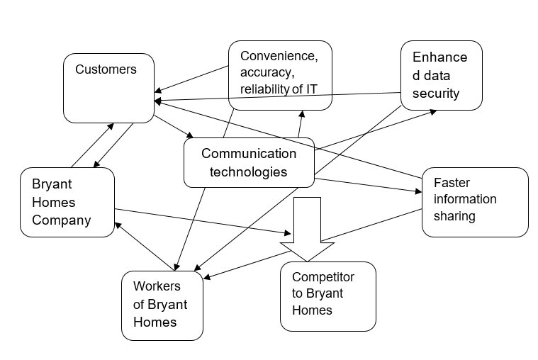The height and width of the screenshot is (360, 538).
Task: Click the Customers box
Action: coord(108,89)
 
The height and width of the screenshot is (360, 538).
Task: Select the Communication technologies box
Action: coord(249,162)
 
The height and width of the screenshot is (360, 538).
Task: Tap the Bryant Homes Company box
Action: coord(67,202)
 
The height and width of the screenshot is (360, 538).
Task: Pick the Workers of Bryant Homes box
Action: coord(162,305)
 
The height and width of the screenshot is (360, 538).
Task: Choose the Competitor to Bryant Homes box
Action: coord(327,296)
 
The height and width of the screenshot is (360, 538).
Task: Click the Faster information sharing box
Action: coord(475,202)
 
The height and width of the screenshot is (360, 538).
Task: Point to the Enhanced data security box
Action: coord(441,75)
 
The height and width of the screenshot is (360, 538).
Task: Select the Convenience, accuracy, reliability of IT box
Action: coord(280,75)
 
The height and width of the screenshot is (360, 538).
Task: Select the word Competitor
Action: coord(323,276)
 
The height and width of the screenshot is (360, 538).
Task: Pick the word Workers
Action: coord(157,286)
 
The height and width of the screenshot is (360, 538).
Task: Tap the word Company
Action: coord(62,220)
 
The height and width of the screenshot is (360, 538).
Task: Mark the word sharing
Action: coord(454,215)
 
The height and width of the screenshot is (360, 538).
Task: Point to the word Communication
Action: coord(249,153)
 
